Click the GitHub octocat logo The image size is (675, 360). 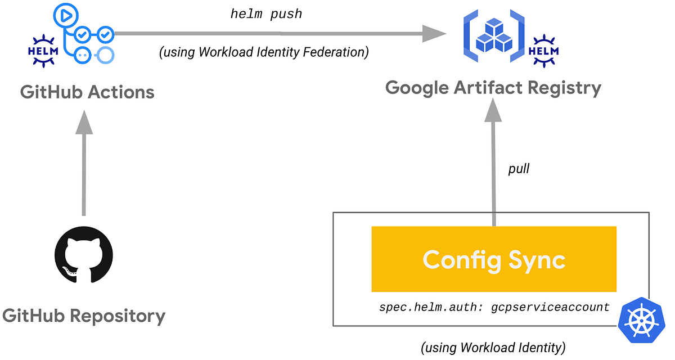(83, 259)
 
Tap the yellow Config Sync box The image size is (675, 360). (494, 259)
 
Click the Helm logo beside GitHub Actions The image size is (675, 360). (43, 47)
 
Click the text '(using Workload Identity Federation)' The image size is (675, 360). (264, 52)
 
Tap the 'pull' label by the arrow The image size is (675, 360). (518, 169)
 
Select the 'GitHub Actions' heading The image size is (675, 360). (87, 92)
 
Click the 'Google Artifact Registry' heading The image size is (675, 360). (493, 88)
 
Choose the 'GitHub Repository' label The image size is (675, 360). (84, 316)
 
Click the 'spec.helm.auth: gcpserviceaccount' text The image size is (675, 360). (494, 308)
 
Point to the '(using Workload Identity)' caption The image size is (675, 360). (493, 348)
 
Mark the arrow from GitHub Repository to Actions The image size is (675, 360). (84, 163)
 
